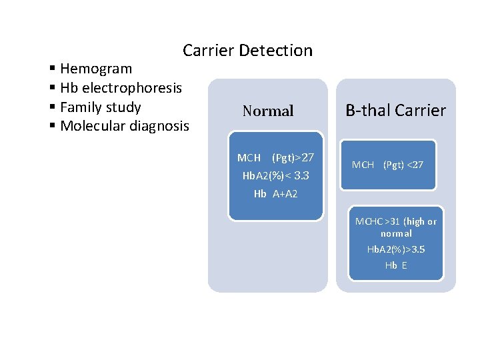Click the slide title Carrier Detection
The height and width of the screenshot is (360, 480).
pos(247,51)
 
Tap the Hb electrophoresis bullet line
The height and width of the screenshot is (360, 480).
pos(120,88)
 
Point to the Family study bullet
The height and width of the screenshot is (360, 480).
pos(100,107)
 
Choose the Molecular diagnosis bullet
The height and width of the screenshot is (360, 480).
pos(124,126)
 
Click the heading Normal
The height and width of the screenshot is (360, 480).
pos(268,111)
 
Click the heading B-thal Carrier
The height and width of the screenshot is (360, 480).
pos(395,111)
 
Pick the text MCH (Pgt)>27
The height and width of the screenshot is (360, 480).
pos(275,158)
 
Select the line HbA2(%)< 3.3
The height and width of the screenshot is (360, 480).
pos(275,176)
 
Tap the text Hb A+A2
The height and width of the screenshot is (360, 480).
pos(275,194)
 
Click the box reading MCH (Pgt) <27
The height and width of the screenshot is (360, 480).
pos(387,164)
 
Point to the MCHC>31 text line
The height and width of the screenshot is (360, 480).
pos(396,221)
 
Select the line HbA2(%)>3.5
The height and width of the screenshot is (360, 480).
pos(396,249)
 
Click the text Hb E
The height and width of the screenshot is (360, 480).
pos(396,265)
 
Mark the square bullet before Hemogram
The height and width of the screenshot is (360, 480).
pos(53,69)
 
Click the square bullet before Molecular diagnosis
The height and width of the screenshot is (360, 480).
pos(53,127)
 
